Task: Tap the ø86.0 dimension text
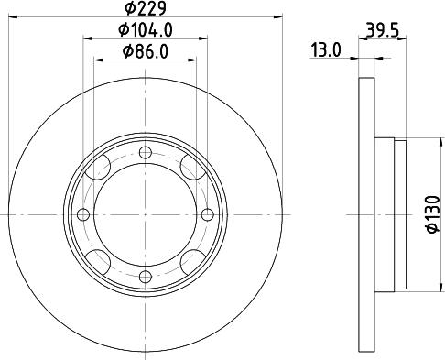146,52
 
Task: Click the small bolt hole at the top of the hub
145,153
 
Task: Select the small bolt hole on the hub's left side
83,215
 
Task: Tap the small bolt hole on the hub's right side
207,215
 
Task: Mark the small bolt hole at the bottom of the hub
145,277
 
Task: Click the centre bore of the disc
145,215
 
